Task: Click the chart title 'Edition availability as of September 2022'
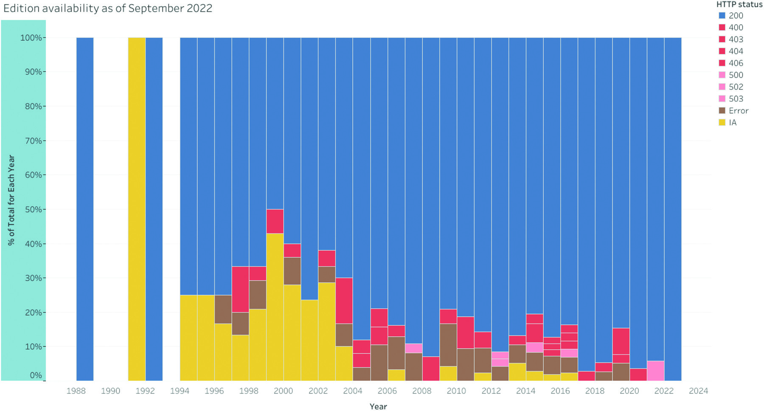tap(108, 8)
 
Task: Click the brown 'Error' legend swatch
tap(722, 111)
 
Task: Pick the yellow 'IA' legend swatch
tap(722, 123)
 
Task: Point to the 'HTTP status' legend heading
tap(739, 4)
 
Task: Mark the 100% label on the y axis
tap(31, 38)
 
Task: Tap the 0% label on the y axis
tap(35, 375)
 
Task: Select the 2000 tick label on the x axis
tap(283, 391)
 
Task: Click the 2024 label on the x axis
tap(698, 391)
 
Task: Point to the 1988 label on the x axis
tap(76, 391)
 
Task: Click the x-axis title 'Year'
tap(378, 406)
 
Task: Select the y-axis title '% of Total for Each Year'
tap(11, 200)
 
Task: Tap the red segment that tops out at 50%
tap(275, 221)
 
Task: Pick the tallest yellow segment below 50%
tap(275, 307)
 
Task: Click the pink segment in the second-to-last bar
tap(655, 371)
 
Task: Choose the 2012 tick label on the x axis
tap(491, 391)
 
